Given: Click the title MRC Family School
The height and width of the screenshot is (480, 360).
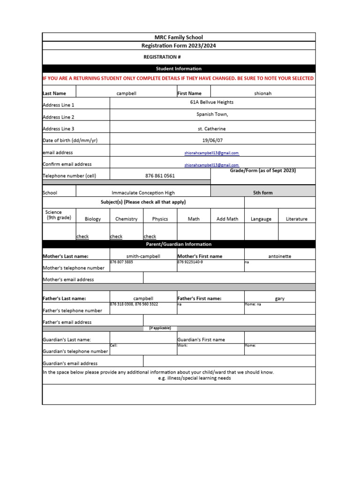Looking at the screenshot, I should point(179,37).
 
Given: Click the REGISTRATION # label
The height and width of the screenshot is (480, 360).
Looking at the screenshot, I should point(162,57).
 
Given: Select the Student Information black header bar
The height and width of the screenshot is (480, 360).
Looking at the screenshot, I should point(179,68).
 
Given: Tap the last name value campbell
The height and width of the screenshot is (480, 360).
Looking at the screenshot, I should point(126,93).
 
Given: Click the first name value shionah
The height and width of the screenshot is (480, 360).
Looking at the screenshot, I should point(262,93).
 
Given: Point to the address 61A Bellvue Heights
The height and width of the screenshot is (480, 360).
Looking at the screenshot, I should point(212,102).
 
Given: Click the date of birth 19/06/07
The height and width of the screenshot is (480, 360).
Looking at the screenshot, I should point(212,140).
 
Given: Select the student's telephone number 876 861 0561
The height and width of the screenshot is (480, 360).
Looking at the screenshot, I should point(160,176).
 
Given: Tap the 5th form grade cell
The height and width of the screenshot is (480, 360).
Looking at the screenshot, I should point(262,193).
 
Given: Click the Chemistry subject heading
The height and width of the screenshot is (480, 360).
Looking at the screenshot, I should point(126,219).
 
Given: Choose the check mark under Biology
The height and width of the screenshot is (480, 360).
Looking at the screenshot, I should point(82,237).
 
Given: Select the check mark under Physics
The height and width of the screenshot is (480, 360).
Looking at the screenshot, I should point(150,237).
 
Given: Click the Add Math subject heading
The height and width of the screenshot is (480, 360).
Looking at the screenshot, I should point(227,219).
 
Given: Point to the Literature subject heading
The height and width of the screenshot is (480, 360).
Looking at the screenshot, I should point(296,219).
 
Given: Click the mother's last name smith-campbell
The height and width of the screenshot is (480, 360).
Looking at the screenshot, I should point(143,256).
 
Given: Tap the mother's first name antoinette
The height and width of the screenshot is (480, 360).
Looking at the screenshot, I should point(279,256).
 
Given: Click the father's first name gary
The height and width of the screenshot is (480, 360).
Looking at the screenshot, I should point(279,299).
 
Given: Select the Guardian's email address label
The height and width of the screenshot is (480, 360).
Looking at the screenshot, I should point(70,363).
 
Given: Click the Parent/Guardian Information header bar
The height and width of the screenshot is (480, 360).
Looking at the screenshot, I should point(179,244).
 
